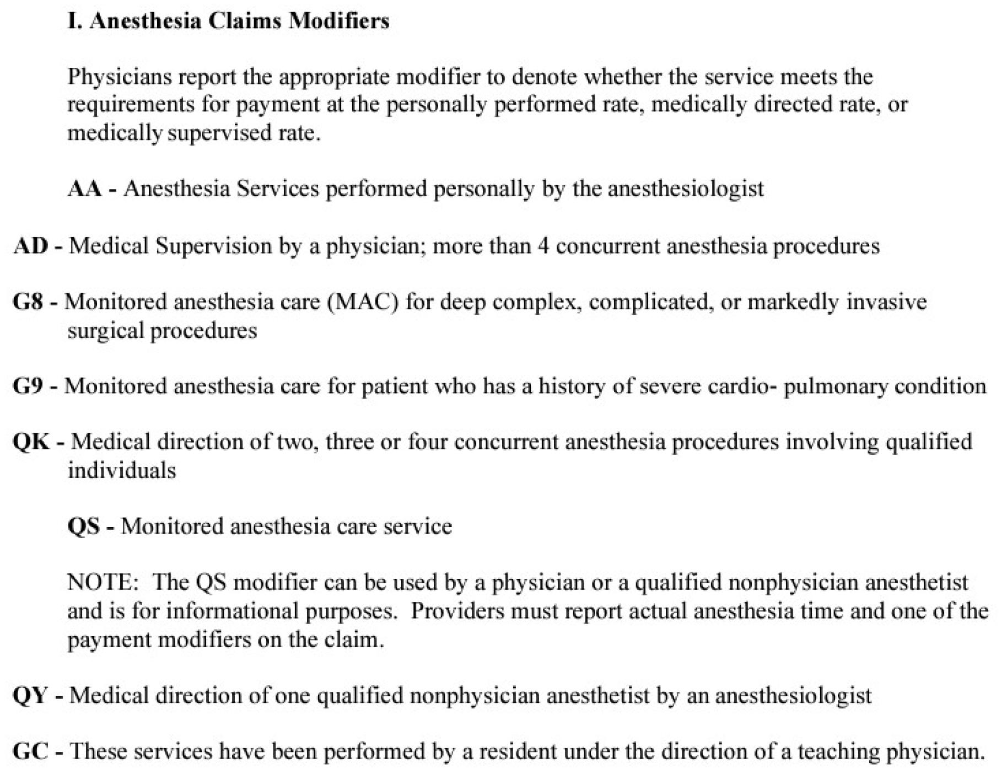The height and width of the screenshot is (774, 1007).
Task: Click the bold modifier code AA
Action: [84, 189]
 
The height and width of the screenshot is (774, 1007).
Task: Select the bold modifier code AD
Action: [31, 246]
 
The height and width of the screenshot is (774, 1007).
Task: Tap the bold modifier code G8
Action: [28, 302]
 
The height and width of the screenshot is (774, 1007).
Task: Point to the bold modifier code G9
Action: [28, 386]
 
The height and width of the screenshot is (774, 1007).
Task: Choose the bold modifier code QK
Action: [31, 442]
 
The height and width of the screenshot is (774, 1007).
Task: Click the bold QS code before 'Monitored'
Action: [84, 526]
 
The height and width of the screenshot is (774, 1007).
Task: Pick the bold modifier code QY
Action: [31, 696]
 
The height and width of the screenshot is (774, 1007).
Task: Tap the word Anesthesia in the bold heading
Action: [145, 21]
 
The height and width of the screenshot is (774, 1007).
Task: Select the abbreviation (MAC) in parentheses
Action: [363, 302]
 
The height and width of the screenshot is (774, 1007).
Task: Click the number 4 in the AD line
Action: [543, 246]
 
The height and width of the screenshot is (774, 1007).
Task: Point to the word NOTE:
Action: [103, 583]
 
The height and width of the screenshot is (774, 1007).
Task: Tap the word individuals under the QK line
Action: [122, 471]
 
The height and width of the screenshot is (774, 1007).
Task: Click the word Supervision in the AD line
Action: [213, 246]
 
